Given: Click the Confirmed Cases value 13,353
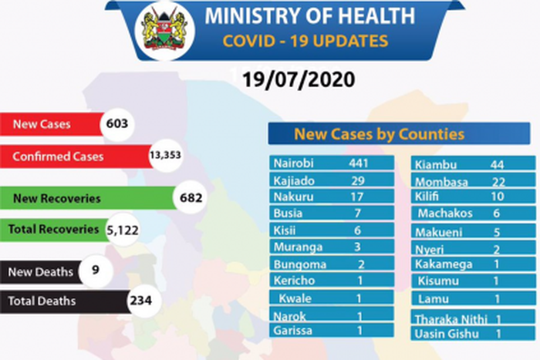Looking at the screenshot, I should (x=164, y=156).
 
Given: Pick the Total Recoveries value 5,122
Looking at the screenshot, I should (x=120, y=229).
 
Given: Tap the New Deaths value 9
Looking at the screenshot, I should (x=94, y=271).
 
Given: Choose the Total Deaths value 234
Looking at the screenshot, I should (x=140, y=301).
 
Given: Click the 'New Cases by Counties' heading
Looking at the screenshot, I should (x=379, y=134).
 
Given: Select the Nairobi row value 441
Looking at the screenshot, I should (x=359, y=163).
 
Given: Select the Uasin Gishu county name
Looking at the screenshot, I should (x=447, y=334).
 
